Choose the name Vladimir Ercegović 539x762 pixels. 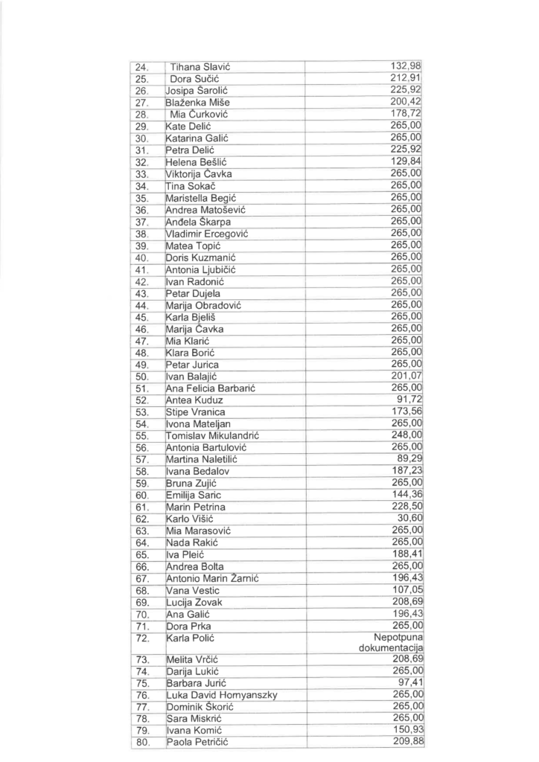click(205, 234)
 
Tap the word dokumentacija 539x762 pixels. click(390, 649)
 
